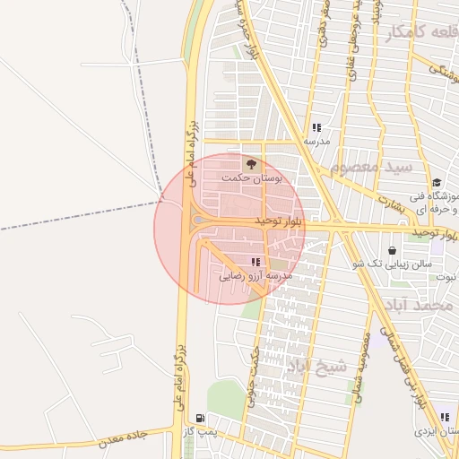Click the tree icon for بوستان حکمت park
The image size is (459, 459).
[251, 164]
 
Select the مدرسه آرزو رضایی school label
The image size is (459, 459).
[255, 277]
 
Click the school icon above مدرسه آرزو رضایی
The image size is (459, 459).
[255, 262]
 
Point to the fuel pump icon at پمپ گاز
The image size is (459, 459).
[199, 418]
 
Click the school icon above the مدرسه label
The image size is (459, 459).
[316, 127]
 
